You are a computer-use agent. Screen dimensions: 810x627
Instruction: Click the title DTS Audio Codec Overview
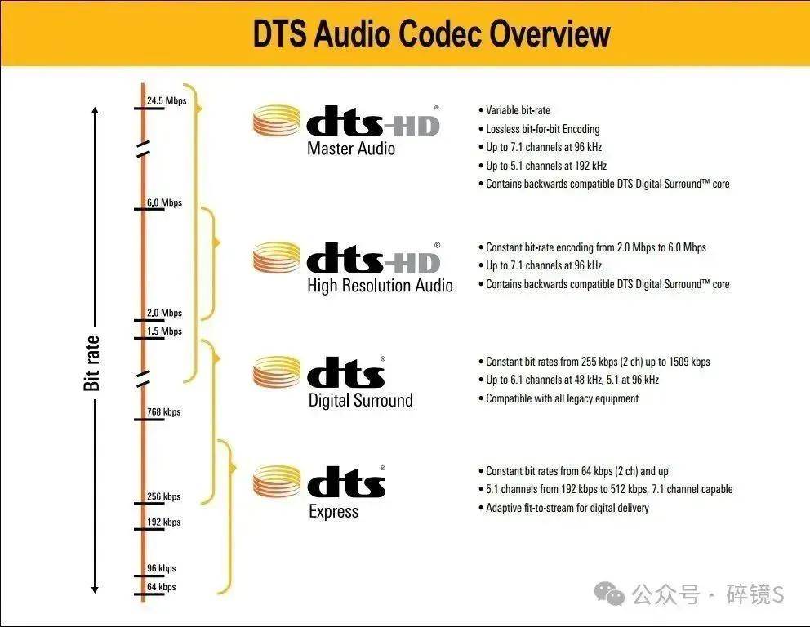431,33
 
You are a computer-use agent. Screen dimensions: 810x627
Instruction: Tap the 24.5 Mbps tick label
167,100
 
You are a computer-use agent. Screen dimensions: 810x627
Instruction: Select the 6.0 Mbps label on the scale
164,202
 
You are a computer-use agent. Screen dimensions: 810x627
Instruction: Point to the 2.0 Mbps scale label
164,313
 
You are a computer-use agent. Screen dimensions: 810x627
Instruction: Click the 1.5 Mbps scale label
164,331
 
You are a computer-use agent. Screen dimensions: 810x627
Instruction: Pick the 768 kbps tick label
164,411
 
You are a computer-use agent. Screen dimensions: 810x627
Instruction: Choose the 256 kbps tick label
164,496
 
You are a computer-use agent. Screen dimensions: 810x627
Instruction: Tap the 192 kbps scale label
164,522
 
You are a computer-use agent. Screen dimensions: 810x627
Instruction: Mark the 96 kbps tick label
161,568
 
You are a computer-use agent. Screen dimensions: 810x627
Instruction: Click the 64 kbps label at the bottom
161,587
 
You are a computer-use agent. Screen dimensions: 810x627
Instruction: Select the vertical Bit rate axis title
91,363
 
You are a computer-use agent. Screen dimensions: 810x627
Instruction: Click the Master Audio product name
351,149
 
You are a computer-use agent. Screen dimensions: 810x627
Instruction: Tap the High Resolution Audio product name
381,286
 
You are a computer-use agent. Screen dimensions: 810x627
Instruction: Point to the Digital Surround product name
361,400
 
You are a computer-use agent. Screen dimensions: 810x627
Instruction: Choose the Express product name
334,511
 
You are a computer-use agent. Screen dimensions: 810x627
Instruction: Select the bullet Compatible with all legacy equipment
559,398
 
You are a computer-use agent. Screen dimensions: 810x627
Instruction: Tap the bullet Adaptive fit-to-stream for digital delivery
563,508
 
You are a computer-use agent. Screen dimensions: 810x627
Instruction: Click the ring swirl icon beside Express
277,482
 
